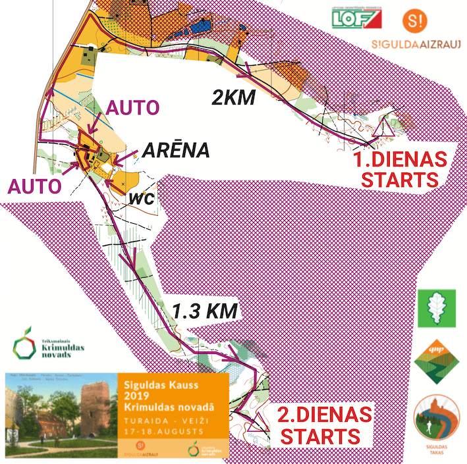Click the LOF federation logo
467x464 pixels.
tap(356, 18)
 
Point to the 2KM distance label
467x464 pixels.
tap(233, 97)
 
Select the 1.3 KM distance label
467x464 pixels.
tap(204, 310)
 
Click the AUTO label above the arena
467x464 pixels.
tap(133, 107)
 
